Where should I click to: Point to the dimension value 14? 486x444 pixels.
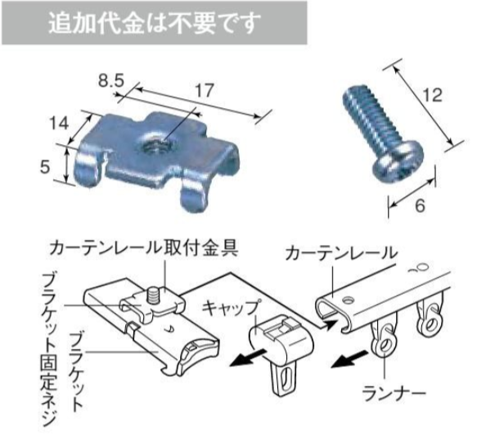pos(58,124)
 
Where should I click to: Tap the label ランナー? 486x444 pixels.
pos(395,393)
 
